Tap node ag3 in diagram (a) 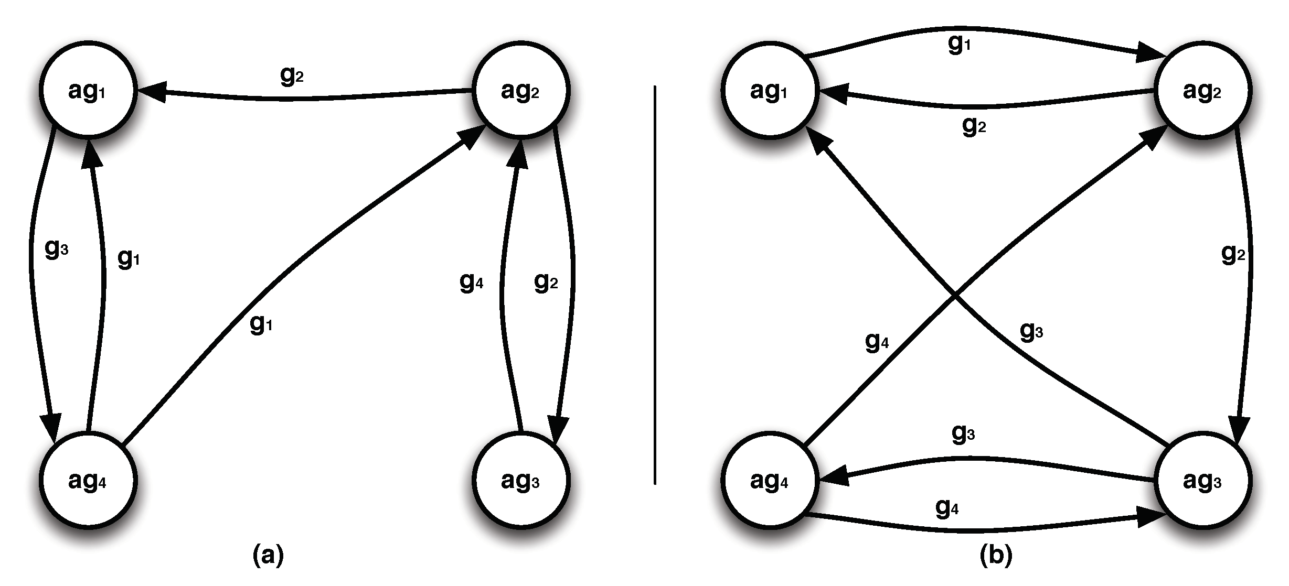(x=520, y=480)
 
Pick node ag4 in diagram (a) (x=88, y=480)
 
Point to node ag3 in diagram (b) (x=1202, y=480)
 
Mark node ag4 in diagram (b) (x=770, y=480)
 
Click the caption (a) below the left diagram (x=268, y=555)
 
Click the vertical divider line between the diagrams (x=655, y=286)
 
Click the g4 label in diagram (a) (x=471, y=283)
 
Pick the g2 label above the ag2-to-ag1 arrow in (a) (x=292, y=76)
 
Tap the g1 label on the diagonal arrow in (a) (x=261, y=325)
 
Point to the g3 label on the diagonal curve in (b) (x=1031, y=331)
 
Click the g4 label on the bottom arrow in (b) (x=947, y=507)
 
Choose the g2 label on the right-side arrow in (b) (x=1233, y=254)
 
